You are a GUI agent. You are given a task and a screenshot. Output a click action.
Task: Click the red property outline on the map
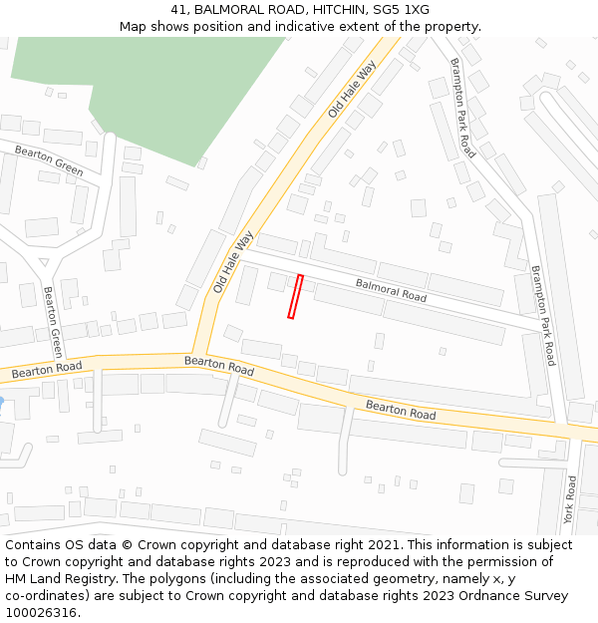[x=295, y=297]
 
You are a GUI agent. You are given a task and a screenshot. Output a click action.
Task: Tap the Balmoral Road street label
[x=391, y=290]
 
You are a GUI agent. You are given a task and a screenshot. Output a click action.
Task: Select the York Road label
[x=570, y=499]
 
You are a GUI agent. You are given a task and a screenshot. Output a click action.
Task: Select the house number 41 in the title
[x=177, y=10]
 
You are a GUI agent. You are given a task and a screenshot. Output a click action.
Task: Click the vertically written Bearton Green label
[x=53, y=322]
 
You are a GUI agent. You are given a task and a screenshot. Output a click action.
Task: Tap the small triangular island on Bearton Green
[x=43, y=262]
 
